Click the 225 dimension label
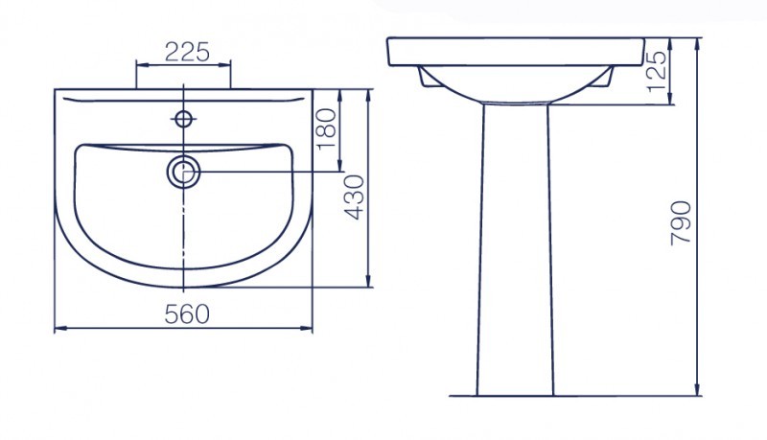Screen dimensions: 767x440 [x=187, y=53]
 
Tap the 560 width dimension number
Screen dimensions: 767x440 [x=187, y=313]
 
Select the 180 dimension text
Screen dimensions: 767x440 [x=327, y=129]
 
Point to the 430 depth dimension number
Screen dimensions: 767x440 [x=355, y=197]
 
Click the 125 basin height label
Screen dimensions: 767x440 [x=657, y=71]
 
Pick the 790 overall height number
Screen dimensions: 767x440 [x=681, y=222]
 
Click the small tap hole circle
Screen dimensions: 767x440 [x=183, y=118]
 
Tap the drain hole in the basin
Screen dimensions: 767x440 [x=184, y=173]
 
